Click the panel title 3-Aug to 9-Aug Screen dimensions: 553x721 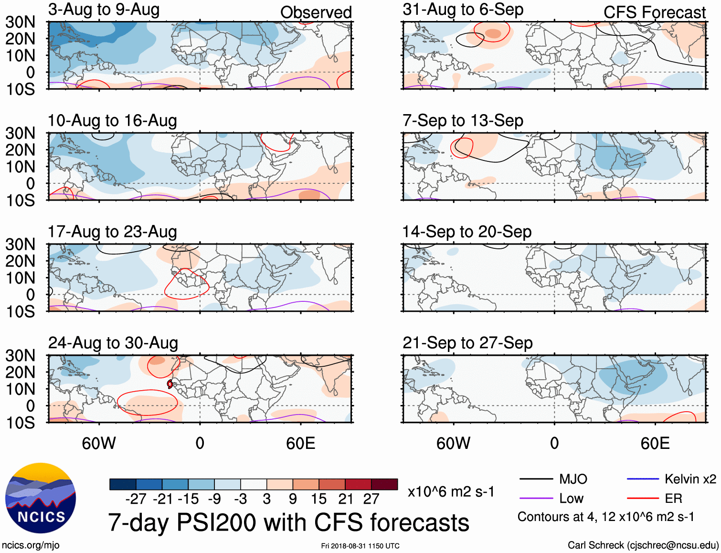(104, 10)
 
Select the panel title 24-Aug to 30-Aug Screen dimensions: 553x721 (113, 343)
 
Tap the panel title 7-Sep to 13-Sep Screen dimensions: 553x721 (463, 120)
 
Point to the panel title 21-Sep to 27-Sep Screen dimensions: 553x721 (467, 343)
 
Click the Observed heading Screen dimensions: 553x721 (316, 12)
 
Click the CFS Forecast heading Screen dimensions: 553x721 (654, 12)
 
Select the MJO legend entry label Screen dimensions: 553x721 (573, 479)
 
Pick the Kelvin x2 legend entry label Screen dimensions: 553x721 (690, 479)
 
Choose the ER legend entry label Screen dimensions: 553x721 (673, 499)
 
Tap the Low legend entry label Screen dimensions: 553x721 (571, 499)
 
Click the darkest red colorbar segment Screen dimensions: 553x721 (384, 484)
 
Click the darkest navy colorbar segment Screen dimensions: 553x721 (123, 484)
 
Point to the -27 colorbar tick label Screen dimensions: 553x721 (136, 499)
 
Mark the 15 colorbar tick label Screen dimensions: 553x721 (318, 499)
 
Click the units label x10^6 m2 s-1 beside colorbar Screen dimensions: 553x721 (451, 491)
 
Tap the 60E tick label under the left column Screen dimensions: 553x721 (300, 443)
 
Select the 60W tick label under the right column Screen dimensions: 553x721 (453, 443)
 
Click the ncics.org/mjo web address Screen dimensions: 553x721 (31, 545)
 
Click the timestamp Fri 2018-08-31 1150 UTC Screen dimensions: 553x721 (360, 546)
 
